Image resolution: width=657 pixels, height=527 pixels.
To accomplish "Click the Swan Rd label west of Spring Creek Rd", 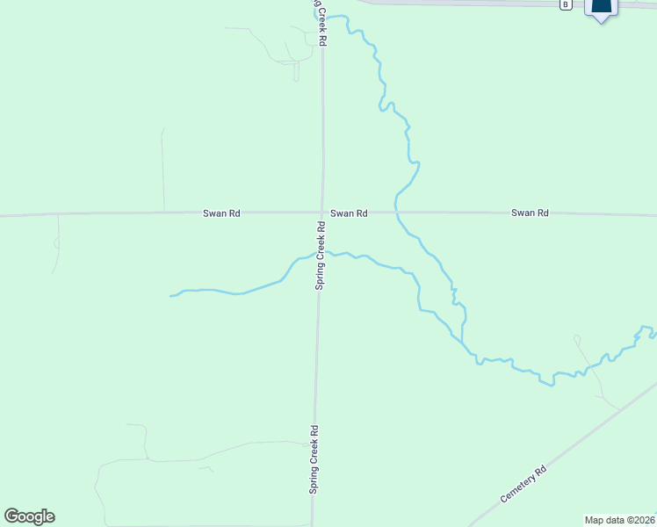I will click(x=221, y=213).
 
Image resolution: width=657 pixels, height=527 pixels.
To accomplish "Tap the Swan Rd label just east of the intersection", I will click(x=349, y=213).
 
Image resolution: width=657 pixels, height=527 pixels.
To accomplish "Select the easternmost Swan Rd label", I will click(x=530, y=213).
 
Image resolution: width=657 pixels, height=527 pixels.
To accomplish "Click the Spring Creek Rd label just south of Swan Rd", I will click(x=321, y=255).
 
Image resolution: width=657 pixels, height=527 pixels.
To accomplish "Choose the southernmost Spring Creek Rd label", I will click(x=314, y=460).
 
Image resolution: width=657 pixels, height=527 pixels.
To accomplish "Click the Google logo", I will click(x=29, y=516).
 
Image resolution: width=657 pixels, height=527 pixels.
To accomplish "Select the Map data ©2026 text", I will click(x=620, y=519).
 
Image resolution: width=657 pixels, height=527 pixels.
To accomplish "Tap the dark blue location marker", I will click(x=602, y=9).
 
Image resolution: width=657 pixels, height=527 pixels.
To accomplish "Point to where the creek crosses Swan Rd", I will click(x=396, y=213).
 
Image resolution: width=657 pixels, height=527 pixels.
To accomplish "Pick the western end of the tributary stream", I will click(x=170, y=296).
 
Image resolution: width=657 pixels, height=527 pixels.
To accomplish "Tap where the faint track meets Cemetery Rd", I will click(x=617, y=407).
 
